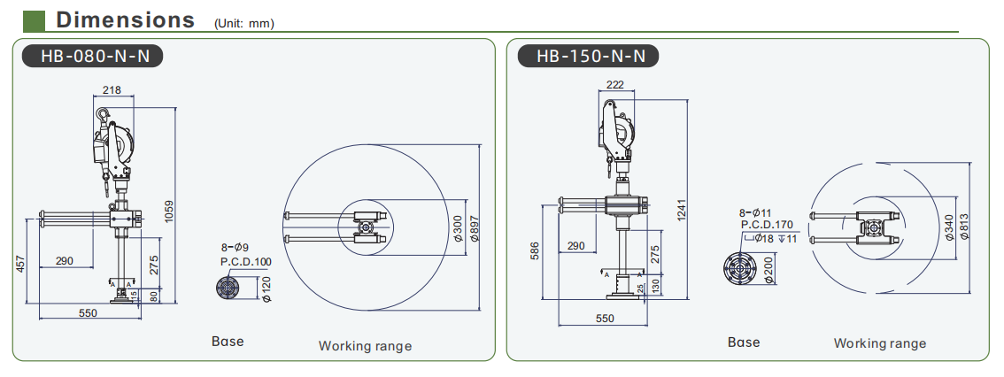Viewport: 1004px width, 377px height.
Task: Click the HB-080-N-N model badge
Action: (92, 57)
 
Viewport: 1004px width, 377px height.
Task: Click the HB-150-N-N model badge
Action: (588, 57)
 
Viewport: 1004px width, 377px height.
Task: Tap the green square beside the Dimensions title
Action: (34, 20)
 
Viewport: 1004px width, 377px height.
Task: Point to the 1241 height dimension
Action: (682, 212)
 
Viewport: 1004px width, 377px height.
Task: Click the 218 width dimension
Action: (112, 90)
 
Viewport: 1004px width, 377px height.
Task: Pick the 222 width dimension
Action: (614, 84)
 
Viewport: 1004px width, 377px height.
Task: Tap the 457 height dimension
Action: (19, 263)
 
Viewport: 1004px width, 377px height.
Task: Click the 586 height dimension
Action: (535, 251)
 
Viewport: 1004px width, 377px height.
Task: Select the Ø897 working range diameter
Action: (475, 227)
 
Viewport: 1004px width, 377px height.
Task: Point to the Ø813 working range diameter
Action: (964, 227)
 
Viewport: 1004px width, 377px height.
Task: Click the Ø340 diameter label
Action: (949, 227)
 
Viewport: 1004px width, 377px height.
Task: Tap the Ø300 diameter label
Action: (457, 227)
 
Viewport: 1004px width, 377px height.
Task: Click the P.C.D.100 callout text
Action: (246, 261)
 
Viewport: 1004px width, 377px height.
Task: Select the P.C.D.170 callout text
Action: (767, 225)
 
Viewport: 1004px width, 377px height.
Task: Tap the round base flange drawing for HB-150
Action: (740, 271)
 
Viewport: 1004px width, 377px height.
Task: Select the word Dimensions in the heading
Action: (126, 19)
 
